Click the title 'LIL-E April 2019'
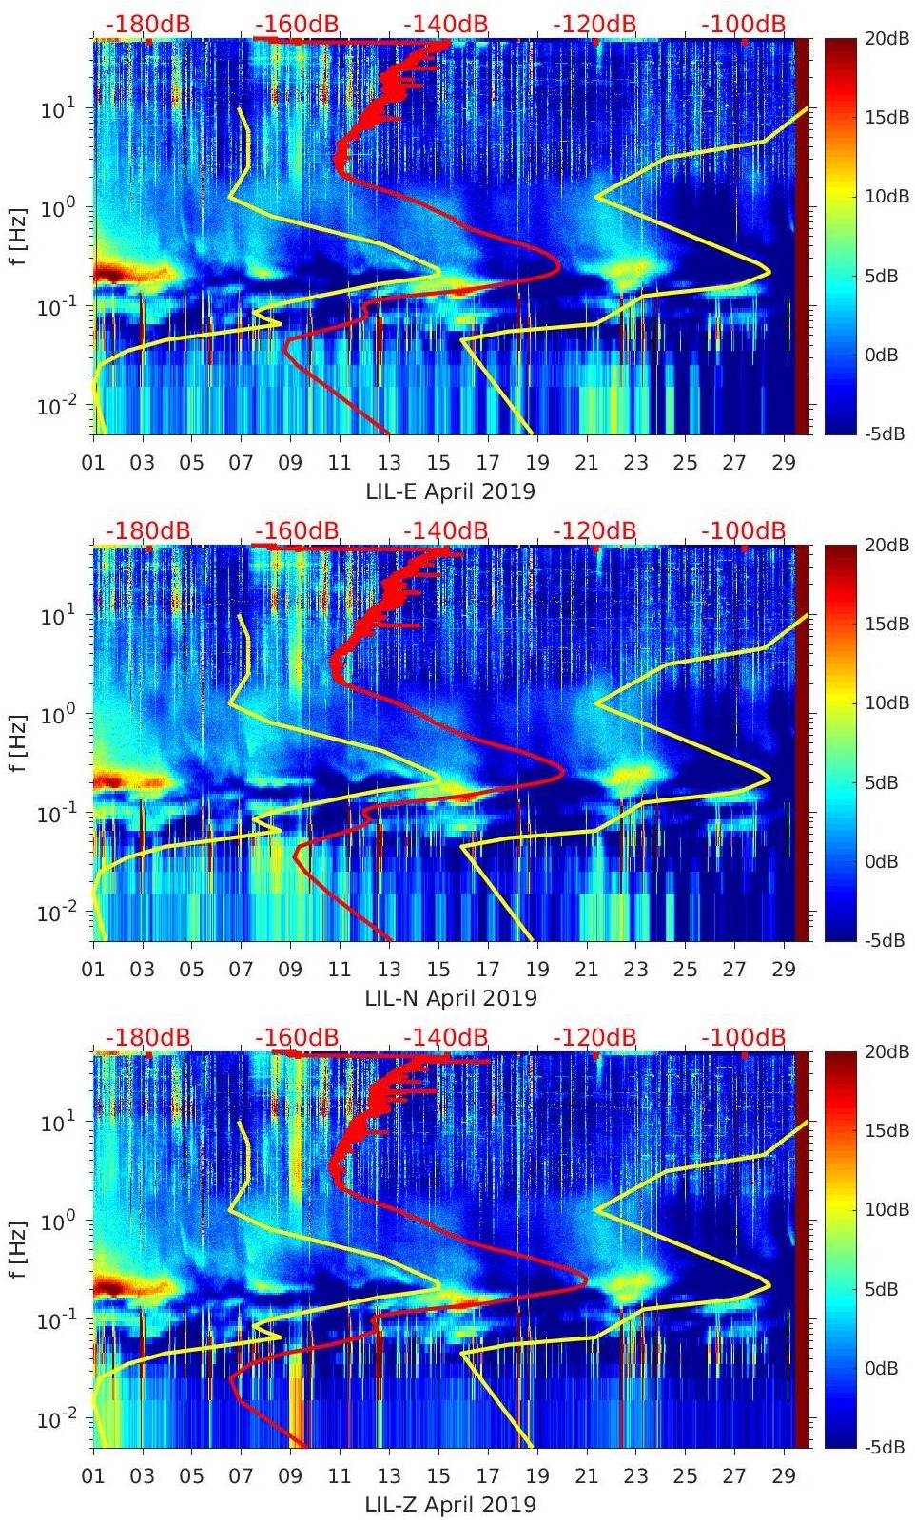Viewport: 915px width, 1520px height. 451,491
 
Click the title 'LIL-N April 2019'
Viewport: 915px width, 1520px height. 451,998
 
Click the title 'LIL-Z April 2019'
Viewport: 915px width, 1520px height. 451,1505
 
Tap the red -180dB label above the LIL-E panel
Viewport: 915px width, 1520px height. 147,24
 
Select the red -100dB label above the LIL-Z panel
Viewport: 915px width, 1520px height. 743,1037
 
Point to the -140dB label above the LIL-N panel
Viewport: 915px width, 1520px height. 445,530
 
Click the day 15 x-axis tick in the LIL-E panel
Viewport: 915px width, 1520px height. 438,463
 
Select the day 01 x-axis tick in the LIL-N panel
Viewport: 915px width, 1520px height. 94,970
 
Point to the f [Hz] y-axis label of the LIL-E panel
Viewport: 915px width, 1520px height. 18,236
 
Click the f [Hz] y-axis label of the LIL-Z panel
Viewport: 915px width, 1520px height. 18,1249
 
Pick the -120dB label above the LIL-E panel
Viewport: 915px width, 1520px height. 594,24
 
